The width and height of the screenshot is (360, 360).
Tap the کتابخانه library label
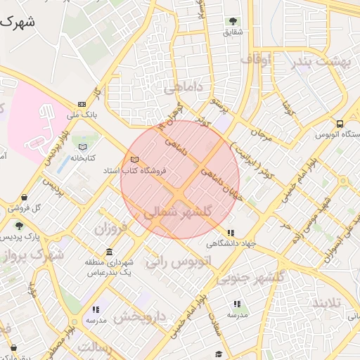tap(82, 158)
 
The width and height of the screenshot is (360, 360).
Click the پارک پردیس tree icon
tap(19, 226)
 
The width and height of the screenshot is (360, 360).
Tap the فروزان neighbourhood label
tap(113, 229)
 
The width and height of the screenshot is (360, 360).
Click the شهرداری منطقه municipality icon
tap(108, 252)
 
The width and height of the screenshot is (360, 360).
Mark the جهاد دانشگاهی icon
tap(230, 233)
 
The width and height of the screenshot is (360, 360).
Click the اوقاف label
tap(256, 60)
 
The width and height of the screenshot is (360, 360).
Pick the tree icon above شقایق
tap(233, 21)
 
